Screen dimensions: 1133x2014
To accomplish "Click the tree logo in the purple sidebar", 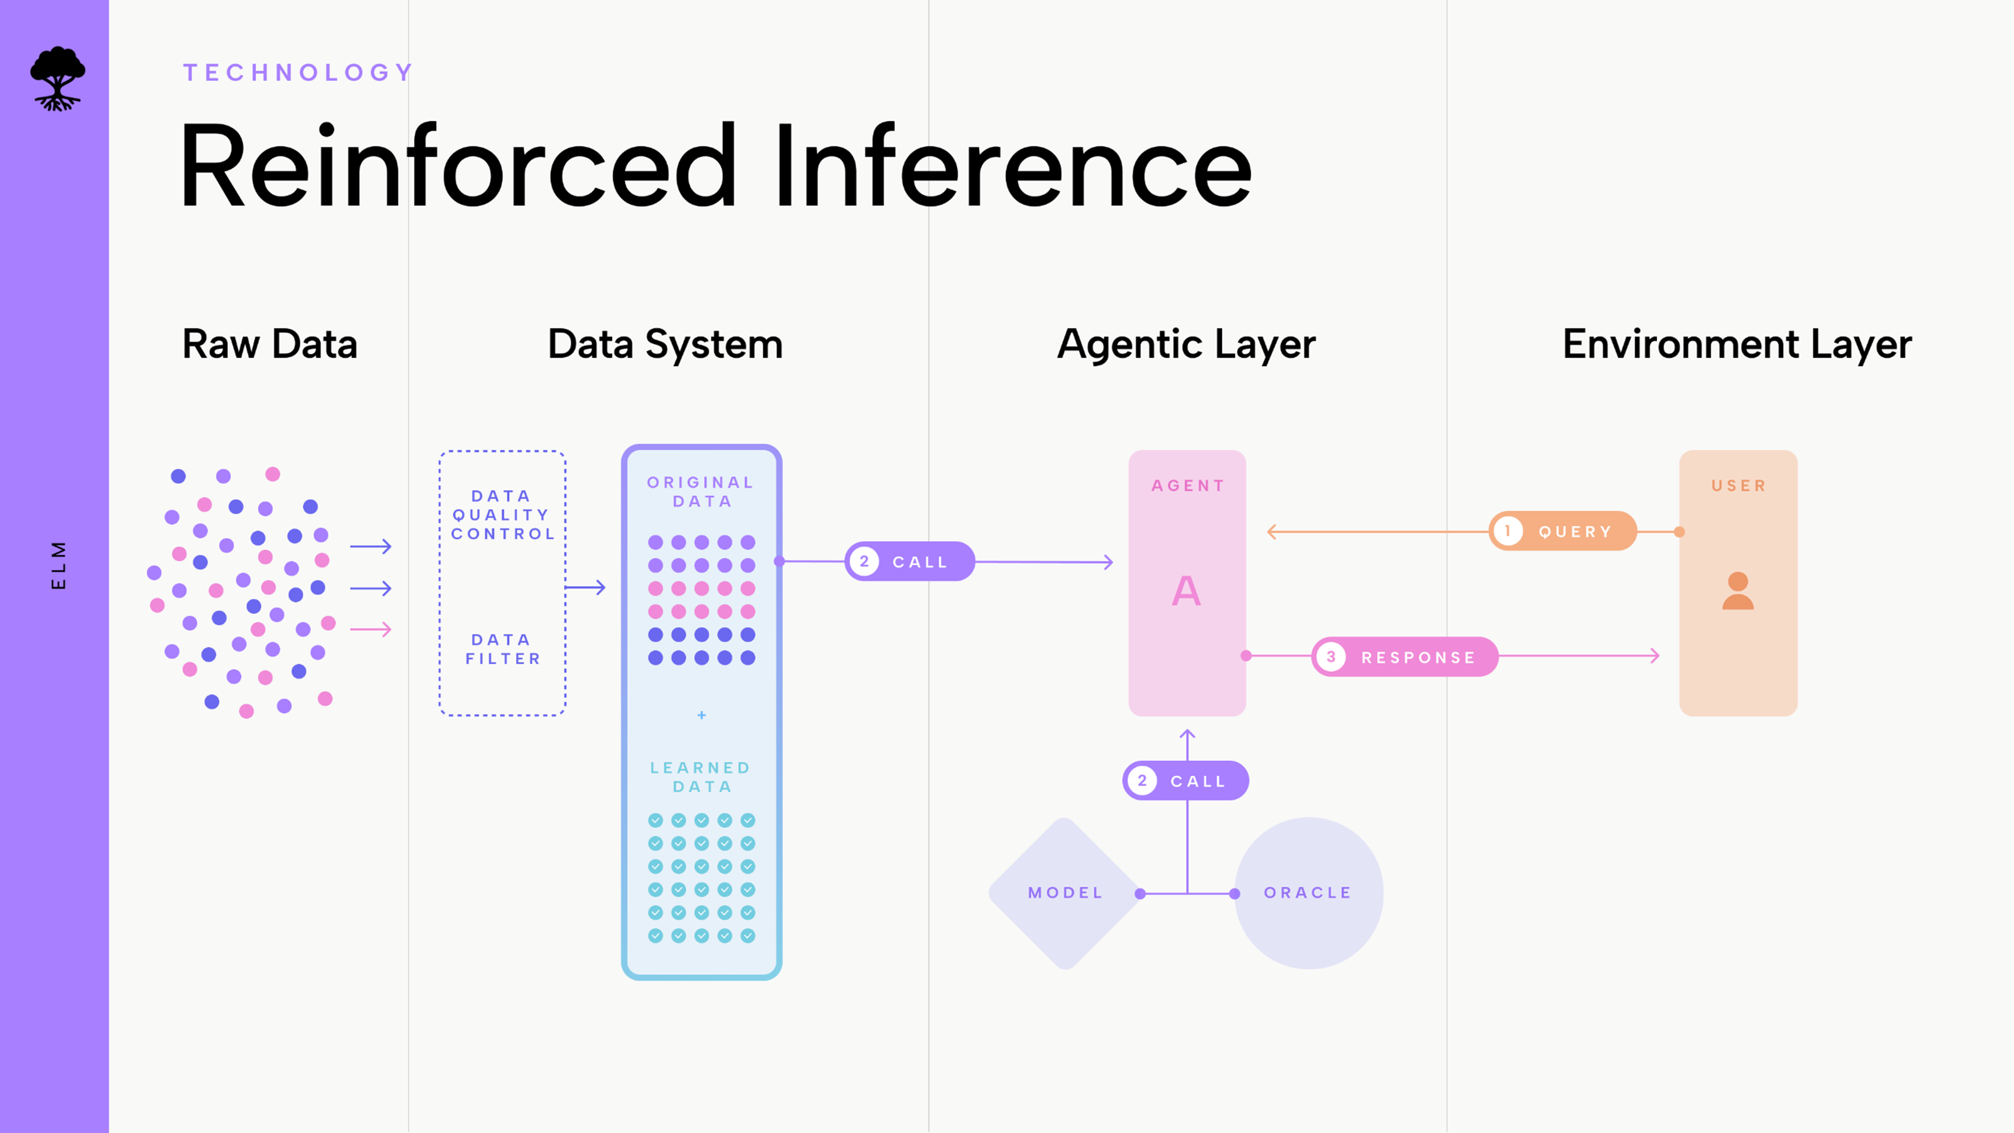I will tap(57, 79).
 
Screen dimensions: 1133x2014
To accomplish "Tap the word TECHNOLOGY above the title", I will tap(298, 73).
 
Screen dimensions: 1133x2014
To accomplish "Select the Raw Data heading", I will tap(270, 344).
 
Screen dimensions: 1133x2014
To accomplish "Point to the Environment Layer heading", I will tap(1737, 344).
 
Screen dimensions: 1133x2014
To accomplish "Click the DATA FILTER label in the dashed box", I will tap(503, 649).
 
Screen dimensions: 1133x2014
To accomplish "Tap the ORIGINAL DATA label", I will tap(701, 492).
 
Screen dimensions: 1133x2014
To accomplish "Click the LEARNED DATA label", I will tap(701, 777).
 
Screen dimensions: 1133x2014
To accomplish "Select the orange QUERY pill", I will tap(1562, 532).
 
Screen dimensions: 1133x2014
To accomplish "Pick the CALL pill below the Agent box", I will tap(1185, 781).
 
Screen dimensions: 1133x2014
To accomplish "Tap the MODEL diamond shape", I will tap(1065, 893).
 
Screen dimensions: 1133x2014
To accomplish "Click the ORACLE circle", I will tap(1308, 893).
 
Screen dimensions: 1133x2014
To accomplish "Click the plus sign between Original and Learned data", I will tap(701, 715).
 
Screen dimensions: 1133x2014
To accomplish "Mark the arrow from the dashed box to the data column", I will tap(586, 587).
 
